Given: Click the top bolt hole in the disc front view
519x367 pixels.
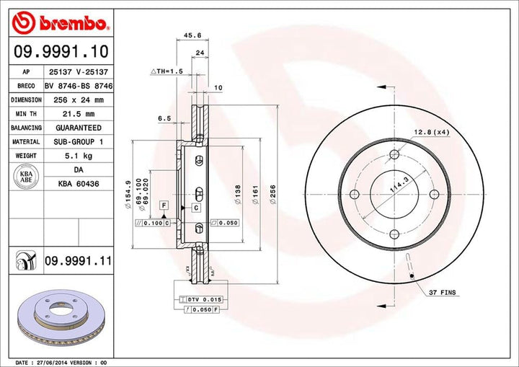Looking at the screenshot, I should coord(394,154).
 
